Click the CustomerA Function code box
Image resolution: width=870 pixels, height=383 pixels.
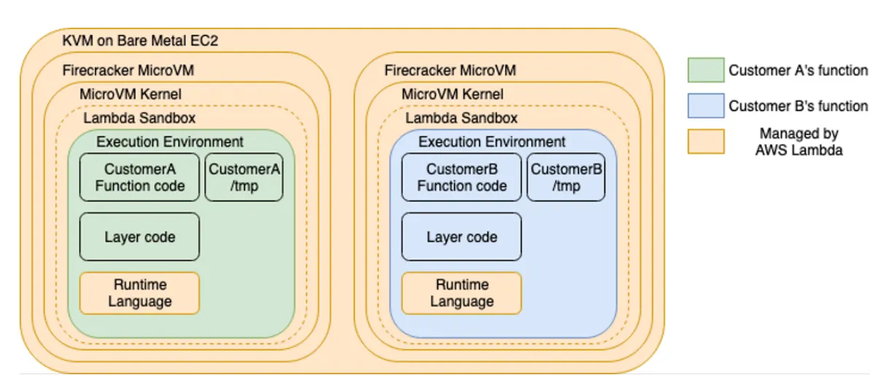[x=139, y=177]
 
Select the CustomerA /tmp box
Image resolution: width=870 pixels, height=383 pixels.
[x=245, y=177]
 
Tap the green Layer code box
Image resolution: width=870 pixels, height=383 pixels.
[x=139, y=237]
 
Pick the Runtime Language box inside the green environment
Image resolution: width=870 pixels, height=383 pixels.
[x=139, y=293]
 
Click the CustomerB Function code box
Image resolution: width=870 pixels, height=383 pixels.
[x=461, y=177]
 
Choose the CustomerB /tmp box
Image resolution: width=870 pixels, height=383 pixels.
[x=566, y=177]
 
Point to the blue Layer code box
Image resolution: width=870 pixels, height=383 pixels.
[x=461, y=237]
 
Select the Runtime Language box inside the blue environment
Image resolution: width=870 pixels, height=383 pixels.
[x=461, y=293]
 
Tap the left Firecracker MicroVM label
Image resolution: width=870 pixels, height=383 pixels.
[x=128, y=71]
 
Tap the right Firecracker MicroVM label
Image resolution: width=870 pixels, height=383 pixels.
[x=450, y=71]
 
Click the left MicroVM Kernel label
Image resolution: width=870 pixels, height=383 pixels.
[x=130, y=94]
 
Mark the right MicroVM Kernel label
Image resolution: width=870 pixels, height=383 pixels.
[x=452, y=94]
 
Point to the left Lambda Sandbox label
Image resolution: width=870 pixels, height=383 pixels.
[x=139, y=118]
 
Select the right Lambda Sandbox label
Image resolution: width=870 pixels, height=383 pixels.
[x=461, y=118]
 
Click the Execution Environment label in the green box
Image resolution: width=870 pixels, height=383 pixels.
[x=170, y=142]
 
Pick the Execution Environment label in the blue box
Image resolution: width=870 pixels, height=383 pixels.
[x=492, y=142]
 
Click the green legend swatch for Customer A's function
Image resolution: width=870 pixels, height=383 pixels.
[x=705, y=71]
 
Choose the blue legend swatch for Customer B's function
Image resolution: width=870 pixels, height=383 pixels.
[x=705, y=106]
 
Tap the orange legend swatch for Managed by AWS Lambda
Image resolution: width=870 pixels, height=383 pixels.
[x=705, y=142]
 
